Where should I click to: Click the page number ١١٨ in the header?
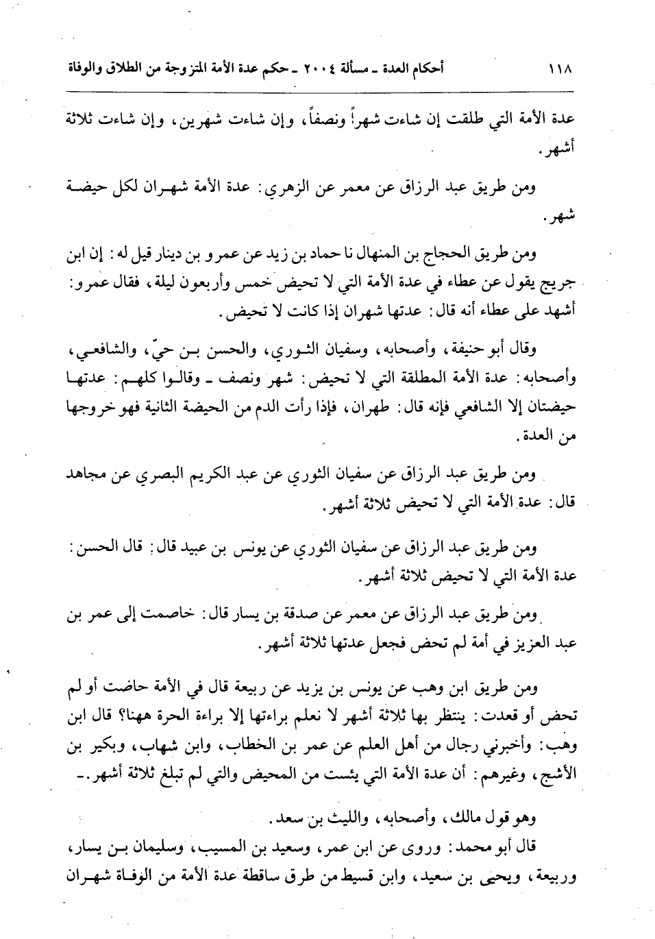[x=560, y=70]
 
